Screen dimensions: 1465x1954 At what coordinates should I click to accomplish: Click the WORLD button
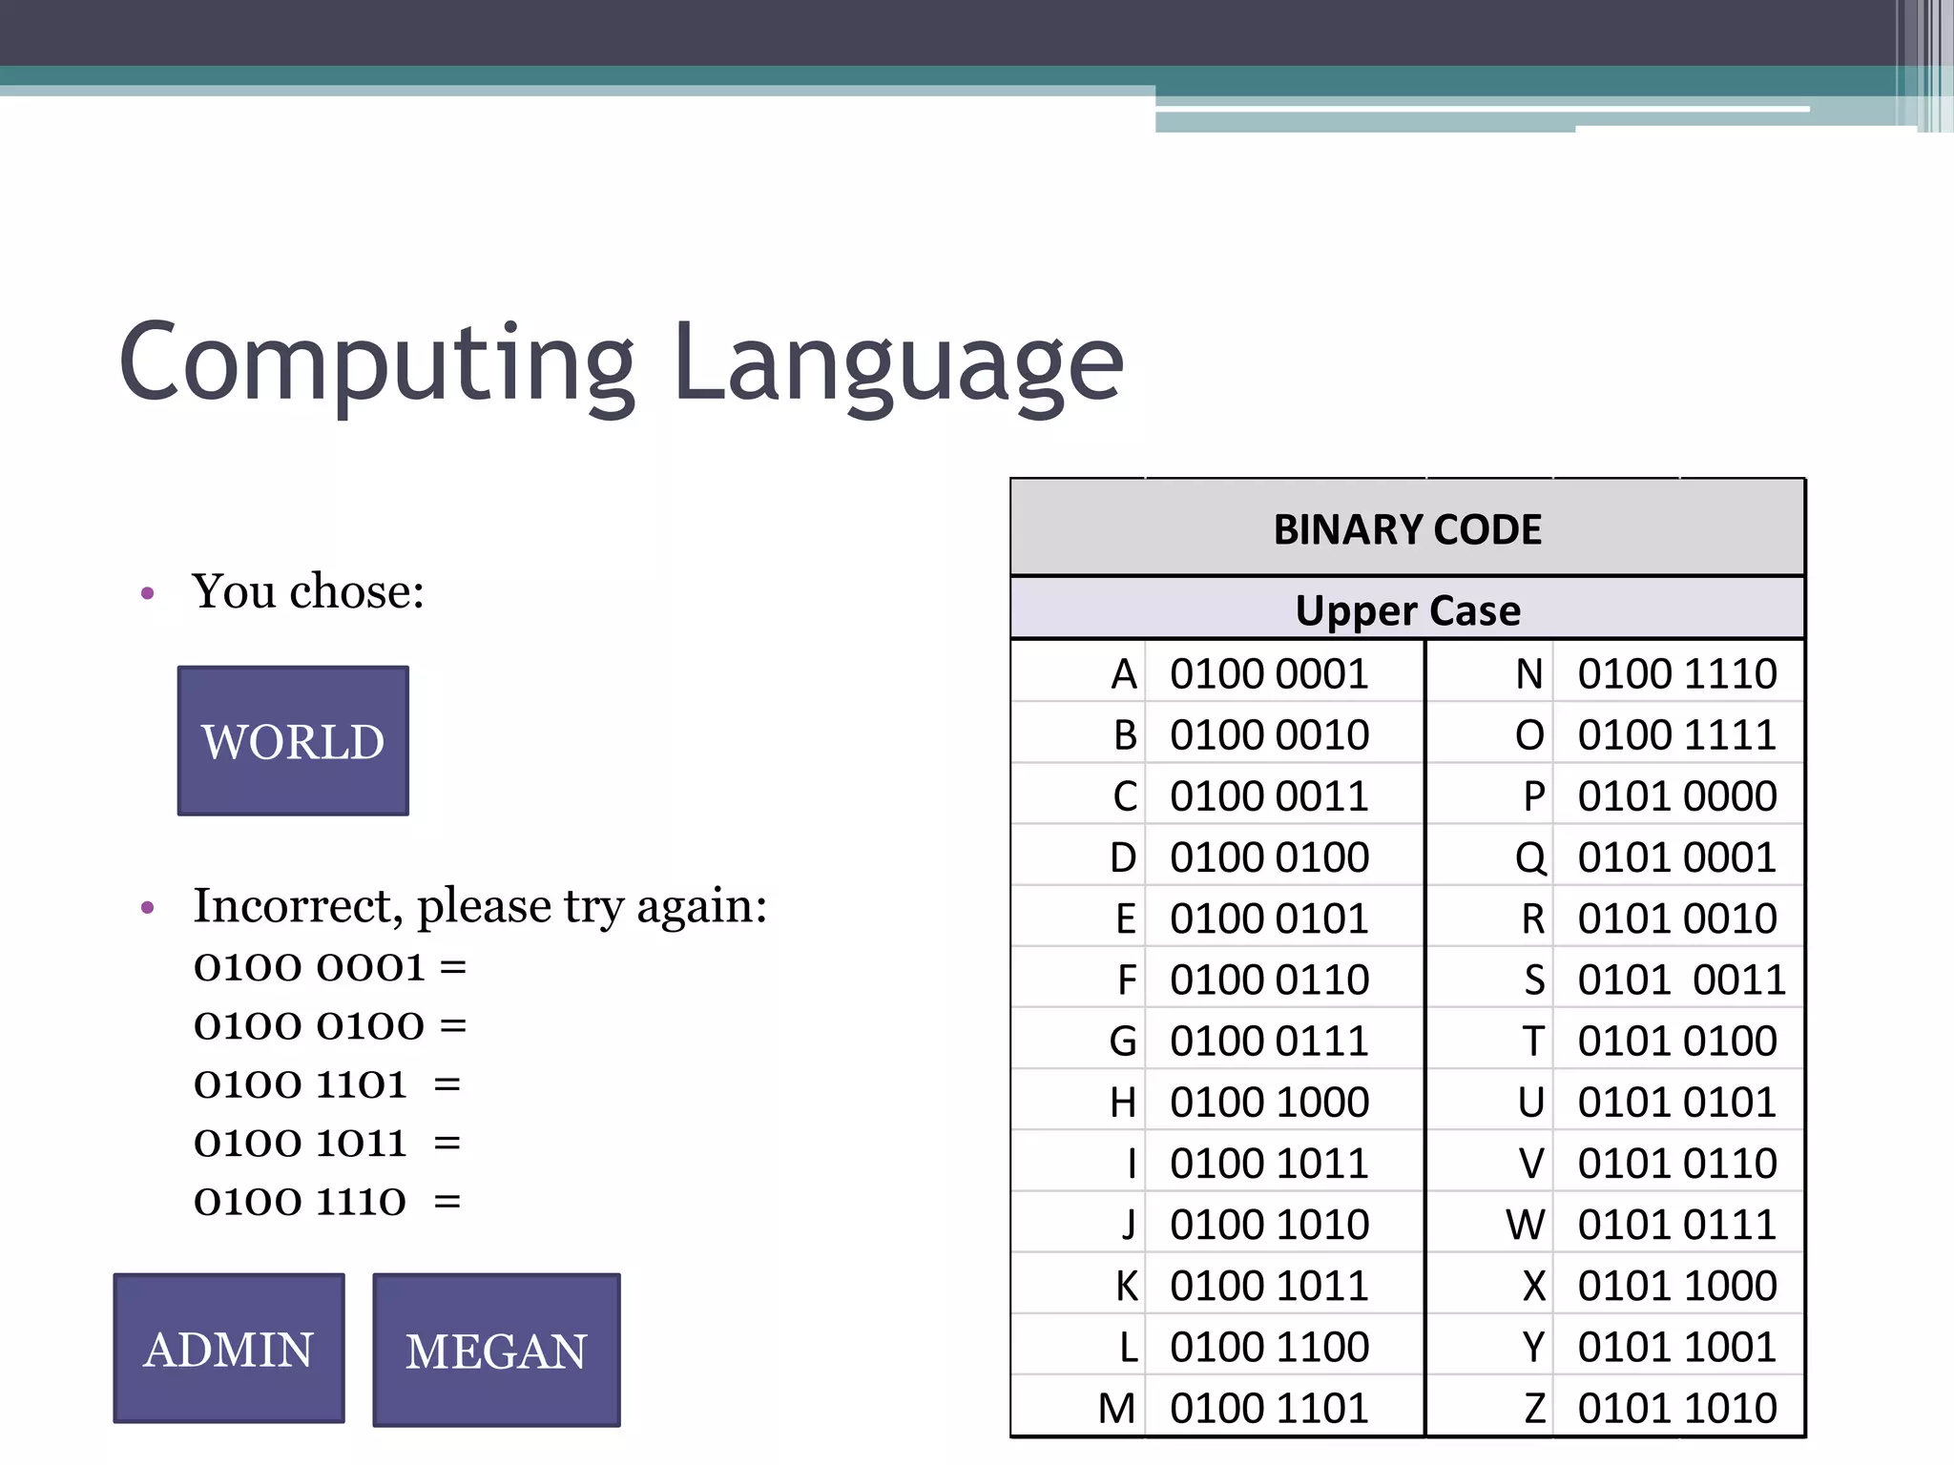pos(293,741)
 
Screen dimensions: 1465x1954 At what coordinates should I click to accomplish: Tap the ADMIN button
pos(229,1349)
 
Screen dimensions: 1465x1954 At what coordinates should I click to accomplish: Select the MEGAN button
pos(496,1351)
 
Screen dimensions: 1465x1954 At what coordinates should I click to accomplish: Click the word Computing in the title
pos(377,363)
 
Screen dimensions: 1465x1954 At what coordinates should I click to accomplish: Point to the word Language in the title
pos(898,363)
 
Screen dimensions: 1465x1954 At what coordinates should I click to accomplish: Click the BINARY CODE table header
pos(1407,529)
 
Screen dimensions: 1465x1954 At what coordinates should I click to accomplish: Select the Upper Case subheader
pos(1407,610)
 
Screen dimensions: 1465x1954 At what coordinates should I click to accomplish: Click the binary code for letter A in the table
pos(1269,674)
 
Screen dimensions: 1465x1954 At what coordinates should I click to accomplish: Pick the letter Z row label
pos(1534,1408)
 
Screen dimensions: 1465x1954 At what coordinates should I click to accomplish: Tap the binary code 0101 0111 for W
pos(1676,1225)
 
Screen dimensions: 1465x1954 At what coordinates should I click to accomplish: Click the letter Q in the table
pos(1530,857)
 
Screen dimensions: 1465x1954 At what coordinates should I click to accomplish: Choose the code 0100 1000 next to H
pos(1269,1103)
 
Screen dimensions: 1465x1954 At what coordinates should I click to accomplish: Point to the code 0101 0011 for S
pos(1680,980)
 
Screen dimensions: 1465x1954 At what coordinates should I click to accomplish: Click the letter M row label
pos(1116,1408)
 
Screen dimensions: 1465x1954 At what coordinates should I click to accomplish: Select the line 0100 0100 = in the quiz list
pos(330,1026)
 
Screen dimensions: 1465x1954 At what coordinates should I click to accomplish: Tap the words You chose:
pos(308,591)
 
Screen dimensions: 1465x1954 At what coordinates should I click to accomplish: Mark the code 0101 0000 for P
pos(1676,796)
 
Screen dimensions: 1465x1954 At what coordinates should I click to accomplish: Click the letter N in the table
pos(1529,674)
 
